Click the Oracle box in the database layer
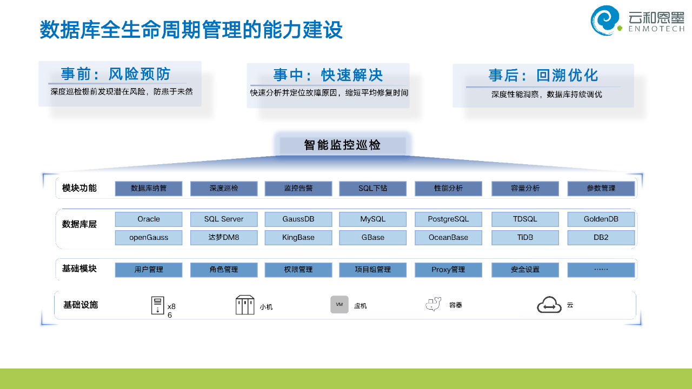tap(149, 219)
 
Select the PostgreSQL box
tap(448, 219)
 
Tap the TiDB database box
tap(525, 238)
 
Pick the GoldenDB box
tap(601, 219)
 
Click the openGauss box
tap(149, 238)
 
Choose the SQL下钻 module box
tap(372, 189)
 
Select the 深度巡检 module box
tap(224, 189)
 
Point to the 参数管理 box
tap(601, 189)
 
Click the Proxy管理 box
tap(448, 270)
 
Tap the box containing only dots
tap(601, 270)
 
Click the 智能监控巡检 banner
tap(342, 145)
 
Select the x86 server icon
tap(157, 305)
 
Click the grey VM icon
tap(340, 305)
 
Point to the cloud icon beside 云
tap(549, 305)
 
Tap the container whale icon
tap(434, 305)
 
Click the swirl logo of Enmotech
tap(605, 20)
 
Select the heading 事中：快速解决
tap(328, 75)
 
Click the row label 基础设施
tap(81, 305)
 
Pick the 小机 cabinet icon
tap(245, 305)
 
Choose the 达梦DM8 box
tap(224, 238)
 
